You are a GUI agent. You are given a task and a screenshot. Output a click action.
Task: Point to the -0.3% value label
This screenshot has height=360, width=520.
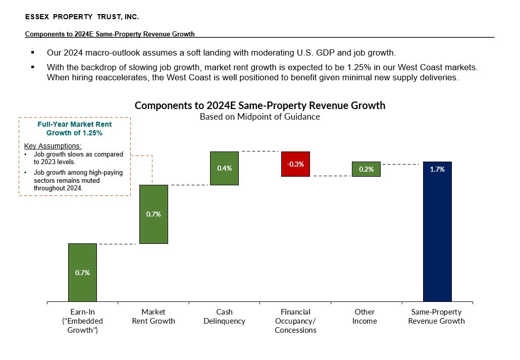click(295, 164)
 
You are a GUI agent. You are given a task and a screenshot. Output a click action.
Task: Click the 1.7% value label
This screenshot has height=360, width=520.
click(437, 170)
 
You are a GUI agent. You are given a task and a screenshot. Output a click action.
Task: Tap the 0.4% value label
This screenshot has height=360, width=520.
click(224, 168)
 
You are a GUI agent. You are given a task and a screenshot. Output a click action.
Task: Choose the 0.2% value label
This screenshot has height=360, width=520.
click(366, 170)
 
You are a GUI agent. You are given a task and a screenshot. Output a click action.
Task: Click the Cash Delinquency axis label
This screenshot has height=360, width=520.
click(224, 317)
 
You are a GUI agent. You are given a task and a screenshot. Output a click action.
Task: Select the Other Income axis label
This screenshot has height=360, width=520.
click(365, 317)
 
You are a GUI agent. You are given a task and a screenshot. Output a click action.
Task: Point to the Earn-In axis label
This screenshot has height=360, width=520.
click(82, 321)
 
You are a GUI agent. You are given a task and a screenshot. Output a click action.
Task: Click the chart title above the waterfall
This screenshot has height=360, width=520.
click(259, 106)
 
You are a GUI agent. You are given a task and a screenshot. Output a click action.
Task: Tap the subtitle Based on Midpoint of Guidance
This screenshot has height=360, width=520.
click(259, 117)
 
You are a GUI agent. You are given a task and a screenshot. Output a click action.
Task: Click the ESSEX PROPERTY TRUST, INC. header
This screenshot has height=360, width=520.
click(82, 17)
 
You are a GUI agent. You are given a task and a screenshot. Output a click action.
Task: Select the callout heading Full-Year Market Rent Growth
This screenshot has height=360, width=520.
click(75, 129)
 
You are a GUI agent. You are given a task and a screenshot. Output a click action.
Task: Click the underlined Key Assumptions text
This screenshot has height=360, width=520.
click(53, 146)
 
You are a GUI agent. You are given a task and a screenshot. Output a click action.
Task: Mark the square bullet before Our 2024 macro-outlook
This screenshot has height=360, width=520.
click(33, 53)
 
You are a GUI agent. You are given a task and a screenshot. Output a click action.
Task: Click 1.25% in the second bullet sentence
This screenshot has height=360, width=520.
click(358, 67)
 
